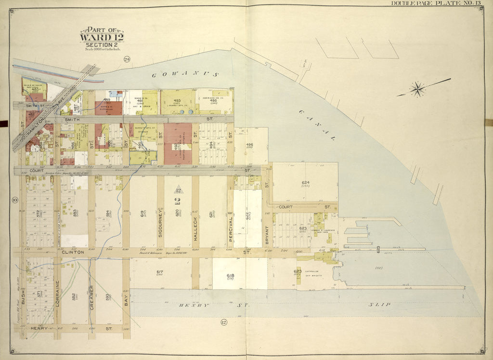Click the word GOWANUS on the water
(185, 75)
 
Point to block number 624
(305, 183)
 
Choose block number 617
(159, 272)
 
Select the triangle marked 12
(178, 188)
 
